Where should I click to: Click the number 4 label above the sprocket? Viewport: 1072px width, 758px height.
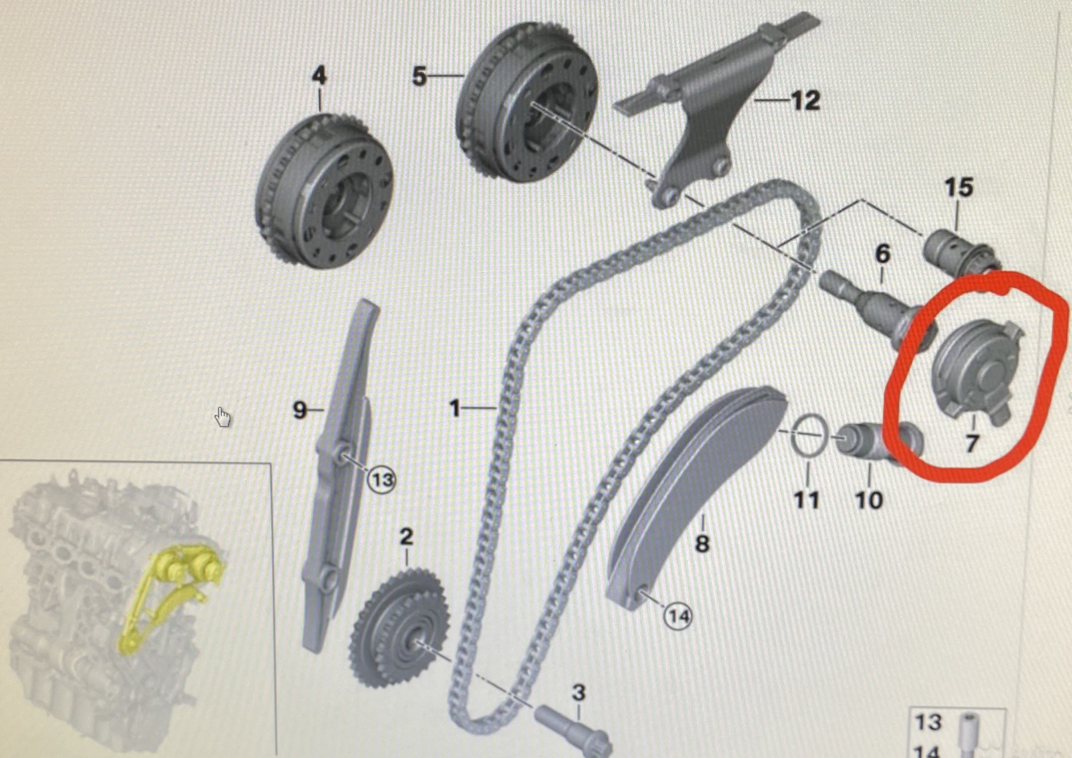coord(319,77)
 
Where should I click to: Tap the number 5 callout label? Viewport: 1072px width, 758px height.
coord(419,76)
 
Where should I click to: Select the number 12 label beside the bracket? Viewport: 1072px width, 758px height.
coord(805,101)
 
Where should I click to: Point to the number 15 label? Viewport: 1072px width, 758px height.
coord(958,187)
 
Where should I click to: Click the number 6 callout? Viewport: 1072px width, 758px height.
coord(882,253)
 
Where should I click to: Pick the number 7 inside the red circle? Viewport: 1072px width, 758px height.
coord(972,444)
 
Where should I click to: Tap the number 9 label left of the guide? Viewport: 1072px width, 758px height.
coord(299,410)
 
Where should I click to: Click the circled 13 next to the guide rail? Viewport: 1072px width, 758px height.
coord(382,480)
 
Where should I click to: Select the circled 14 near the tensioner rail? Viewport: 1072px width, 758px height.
coord(678,616)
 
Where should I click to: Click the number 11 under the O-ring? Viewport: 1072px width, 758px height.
coord(806,499)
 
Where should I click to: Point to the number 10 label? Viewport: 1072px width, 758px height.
coord(869,499)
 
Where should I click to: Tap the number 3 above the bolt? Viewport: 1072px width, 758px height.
coord(578,692)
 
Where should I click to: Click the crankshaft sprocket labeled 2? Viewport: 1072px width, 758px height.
coord(399,629)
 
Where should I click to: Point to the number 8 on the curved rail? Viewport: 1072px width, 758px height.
coord(702,543)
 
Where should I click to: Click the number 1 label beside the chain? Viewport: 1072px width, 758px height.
coord(455,409)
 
